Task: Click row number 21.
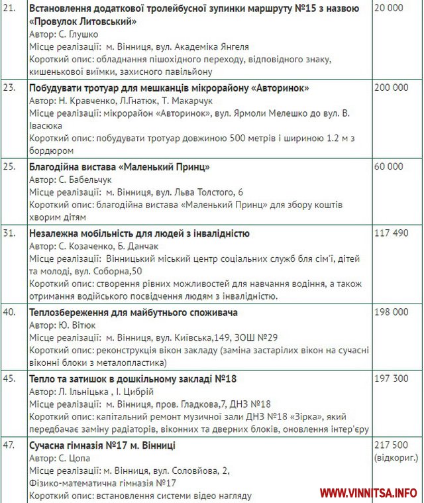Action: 9,9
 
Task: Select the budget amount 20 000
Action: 388,9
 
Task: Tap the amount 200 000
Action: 391,87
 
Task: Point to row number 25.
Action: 9,166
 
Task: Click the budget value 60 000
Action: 388,166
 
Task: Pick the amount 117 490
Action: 391,233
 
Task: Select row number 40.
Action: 9,312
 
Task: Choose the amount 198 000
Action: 391,312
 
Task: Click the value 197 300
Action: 391,378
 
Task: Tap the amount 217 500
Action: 391,445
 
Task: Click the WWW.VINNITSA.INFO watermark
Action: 368,493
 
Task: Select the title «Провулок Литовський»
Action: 83,21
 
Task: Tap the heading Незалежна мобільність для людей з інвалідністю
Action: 139,233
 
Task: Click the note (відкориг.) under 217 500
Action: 396,458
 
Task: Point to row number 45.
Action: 9,378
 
